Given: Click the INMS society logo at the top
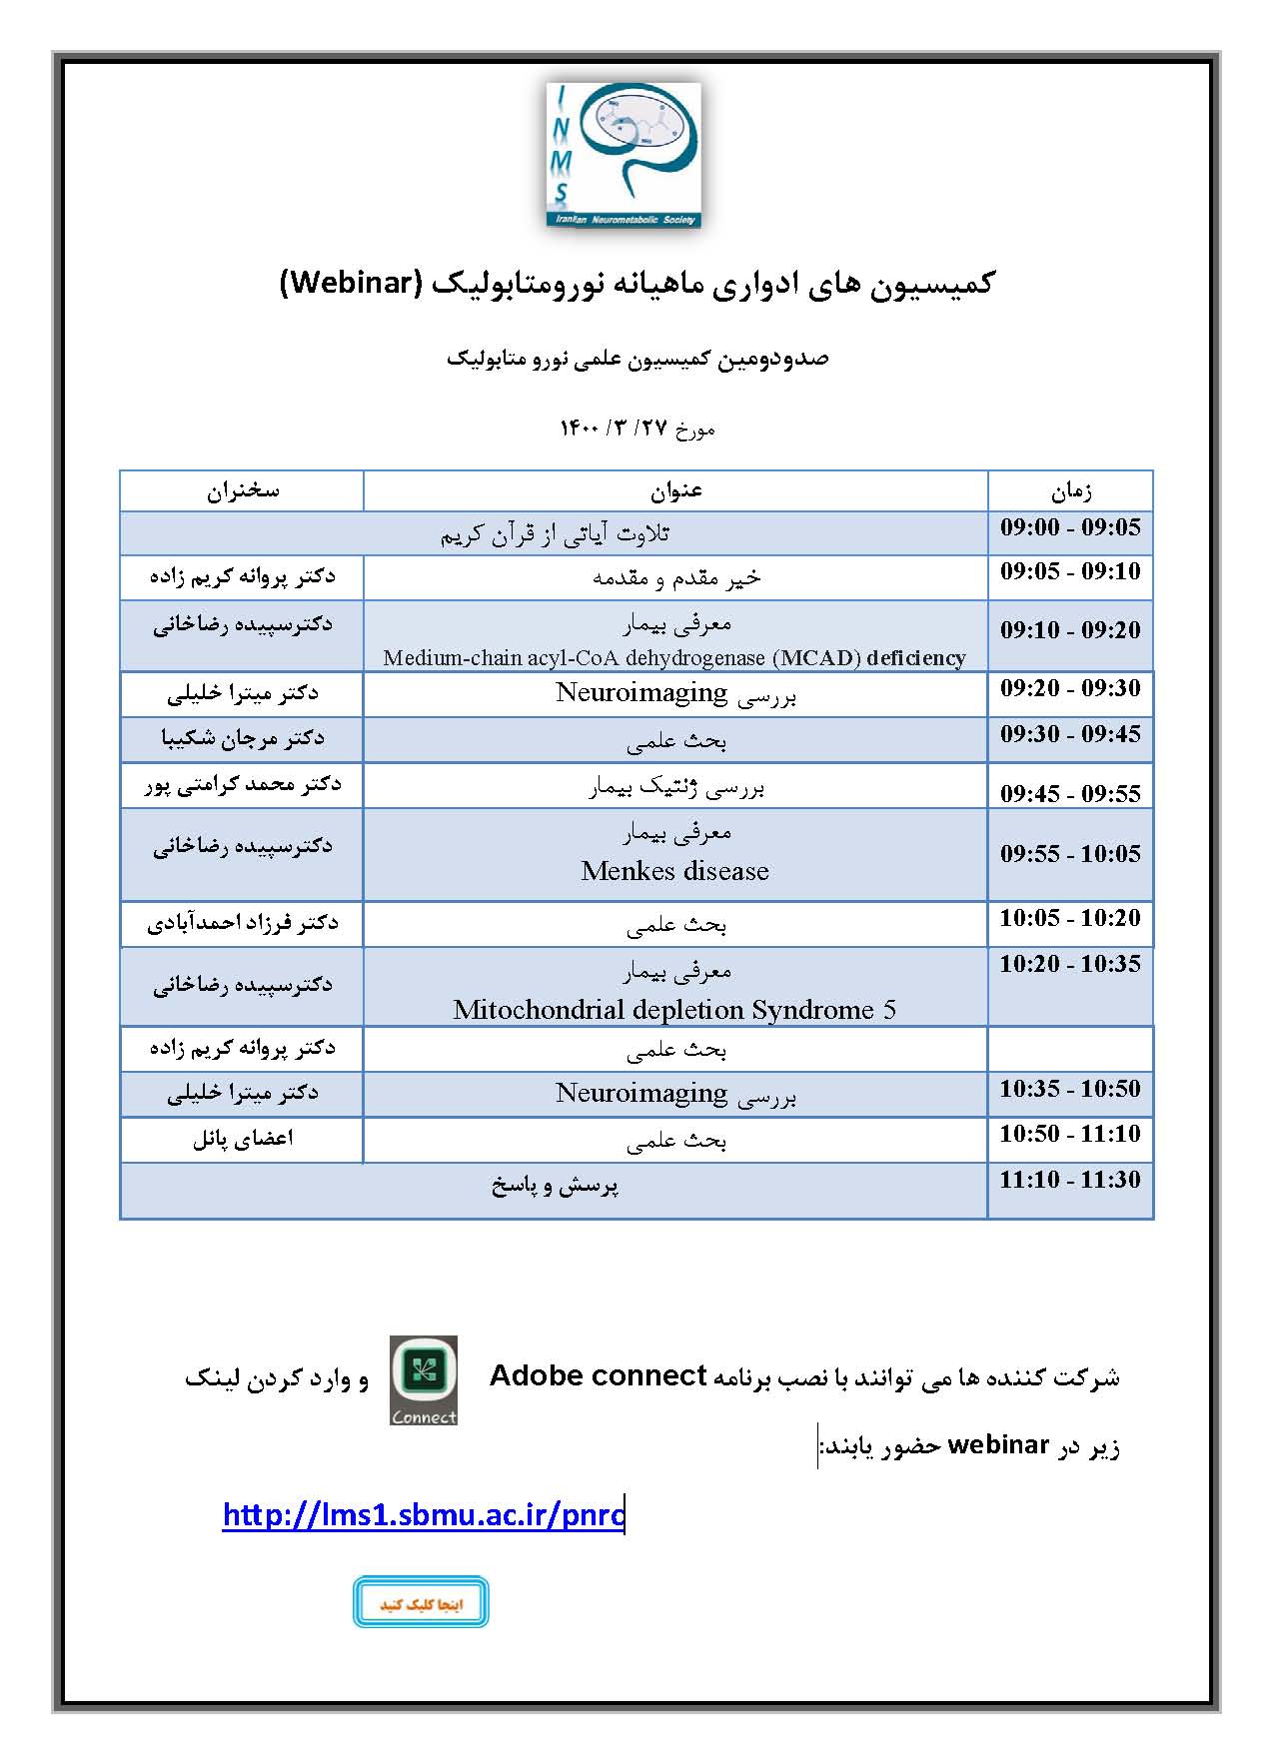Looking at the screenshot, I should (x=624, y=155).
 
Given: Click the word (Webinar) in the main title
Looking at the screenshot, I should (x=347, y=284).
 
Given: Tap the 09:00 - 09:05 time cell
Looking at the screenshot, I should (x=1070, y=528).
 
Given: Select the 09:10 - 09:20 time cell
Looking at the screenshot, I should (x=1070, y=630).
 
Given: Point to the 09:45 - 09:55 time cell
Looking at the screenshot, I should (x=1070, y=794).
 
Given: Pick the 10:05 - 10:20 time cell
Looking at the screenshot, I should (x=1070, y=919).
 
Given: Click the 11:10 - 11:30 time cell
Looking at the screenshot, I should (x=1070, y=1181).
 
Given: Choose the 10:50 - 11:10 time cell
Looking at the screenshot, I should (x=1070, y=1135).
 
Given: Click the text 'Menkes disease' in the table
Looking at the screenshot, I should (x=675, y=872).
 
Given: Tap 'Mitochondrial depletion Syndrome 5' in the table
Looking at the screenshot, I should (x=674, y=1010).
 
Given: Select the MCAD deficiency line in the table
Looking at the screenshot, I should (x=674, y=658).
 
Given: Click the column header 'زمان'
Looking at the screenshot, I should (x=1070, y=491).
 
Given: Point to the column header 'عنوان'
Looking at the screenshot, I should (x=675, y=491).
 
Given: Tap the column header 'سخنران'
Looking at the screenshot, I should (x=243, y=491).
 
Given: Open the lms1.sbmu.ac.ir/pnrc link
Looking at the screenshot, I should (x=424, y=1515).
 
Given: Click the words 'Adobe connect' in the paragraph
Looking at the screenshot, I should (x=599, y=1376).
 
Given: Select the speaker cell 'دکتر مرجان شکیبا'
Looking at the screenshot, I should (x=243, y=739).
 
